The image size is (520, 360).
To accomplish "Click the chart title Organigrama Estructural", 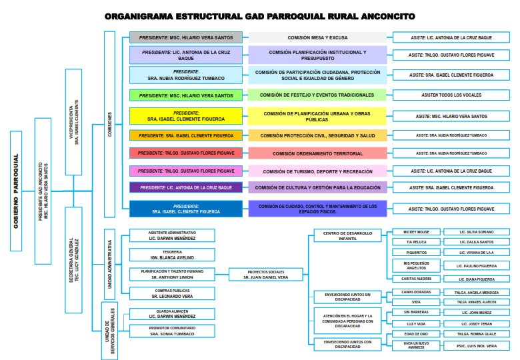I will pos(259,16).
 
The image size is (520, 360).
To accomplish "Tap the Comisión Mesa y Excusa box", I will pos(317,38).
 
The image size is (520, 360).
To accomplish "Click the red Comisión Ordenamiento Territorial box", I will pos(317,153).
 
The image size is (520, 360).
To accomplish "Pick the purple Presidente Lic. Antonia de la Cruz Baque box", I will pos(186,188).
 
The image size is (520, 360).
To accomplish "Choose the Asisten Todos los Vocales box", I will pos(452,95).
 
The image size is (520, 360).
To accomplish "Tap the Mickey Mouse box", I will pos(416,232).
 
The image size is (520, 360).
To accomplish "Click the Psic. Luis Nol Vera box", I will pos(477,346).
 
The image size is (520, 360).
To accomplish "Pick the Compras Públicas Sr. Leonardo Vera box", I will pos(172,293).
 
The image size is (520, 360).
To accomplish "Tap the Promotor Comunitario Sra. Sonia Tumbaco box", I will pos(172,331).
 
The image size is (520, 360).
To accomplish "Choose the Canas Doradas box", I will pos(416,292).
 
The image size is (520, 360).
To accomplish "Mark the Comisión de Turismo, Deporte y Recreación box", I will pos(317,171).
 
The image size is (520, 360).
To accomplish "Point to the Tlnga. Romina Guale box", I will pos(477,333).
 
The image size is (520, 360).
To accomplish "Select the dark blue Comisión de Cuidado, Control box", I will pos(317,209).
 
